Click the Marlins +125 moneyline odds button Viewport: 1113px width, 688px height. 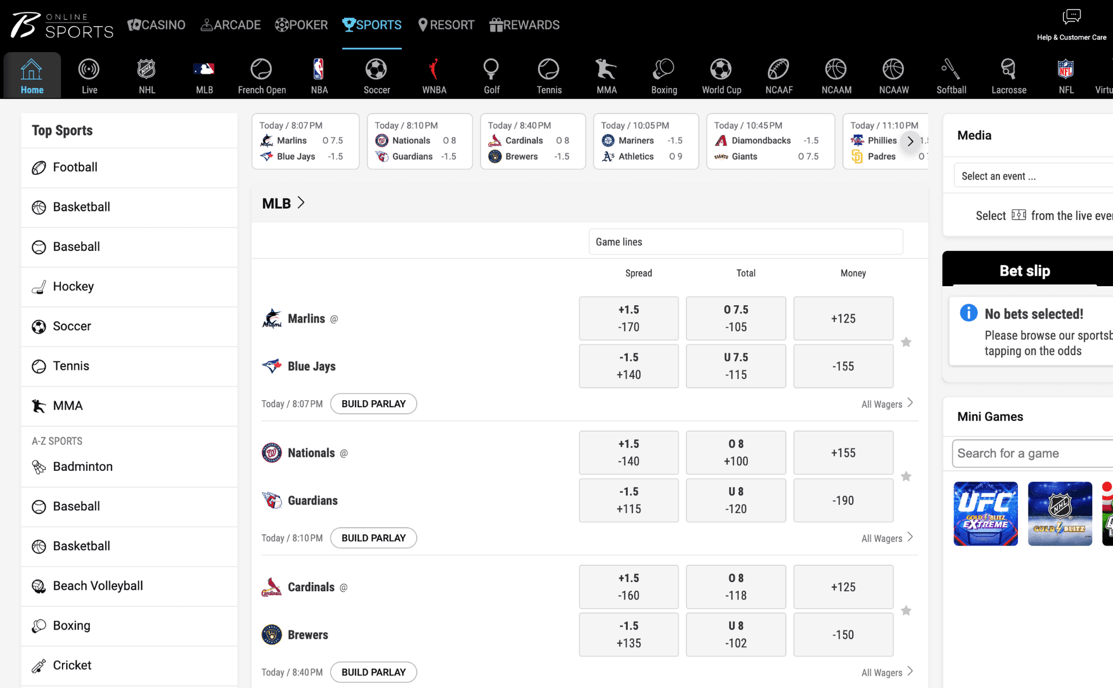click(843, 319)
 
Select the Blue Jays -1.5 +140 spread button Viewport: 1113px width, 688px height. click(628, 366)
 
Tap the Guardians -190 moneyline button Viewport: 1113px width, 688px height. click(843, 500)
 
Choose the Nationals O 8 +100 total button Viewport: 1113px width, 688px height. click(736, 453)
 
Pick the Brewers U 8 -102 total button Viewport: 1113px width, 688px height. click(736, 635)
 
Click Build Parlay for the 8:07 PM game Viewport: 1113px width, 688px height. click(373, 404)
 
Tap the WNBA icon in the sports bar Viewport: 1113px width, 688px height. click(434, 69)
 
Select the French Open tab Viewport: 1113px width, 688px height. click(261, 76)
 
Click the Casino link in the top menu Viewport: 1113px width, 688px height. click(157, 25)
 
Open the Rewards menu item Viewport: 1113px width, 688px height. click(525, 25)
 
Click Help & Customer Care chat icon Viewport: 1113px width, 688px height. click(1071, 16)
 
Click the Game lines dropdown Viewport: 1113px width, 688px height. click(745, 242)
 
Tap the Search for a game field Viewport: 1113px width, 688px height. click(1032, 453)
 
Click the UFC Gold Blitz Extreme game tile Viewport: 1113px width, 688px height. click(985, 514)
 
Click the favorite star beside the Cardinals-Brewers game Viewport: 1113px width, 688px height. click(906, 610)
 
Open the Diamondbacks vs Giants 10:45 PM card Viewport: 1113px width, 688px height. click(770, 141)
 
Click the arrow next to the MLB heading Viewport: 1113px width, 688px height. click(301, 203)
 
